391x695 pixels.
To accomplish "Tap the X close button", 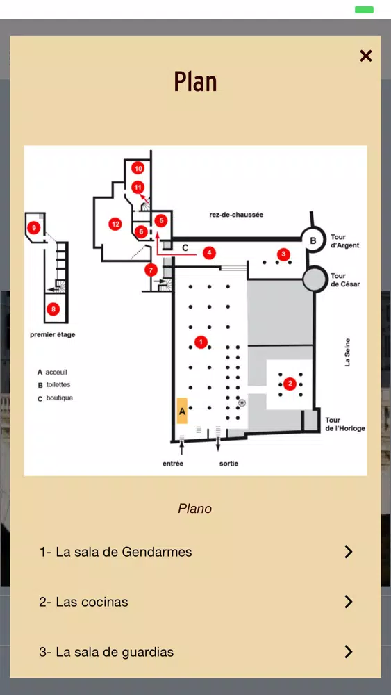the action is click(366, 56).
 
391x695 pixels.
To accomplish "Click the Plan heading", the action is click(195, 81).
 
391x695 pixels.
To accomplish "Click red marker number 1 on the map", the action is click(201, 342).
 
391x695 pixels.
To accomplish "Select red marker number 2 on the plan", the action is click(290, 383).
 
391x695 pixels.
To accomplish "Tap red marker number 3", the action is click(283, 254).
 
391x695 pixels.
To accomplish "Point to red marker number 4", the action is click(209, 253).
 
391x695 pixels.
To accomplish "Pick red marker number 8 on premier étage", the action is click(53, 309).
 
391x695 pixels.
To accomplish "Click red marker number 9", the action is click(33, 228).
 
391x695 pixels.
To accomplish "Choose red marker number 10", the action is click(138, 168).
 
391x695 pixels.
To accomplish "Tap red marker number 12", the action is click(115, 224).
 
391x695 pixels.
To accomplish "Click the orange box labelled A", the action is click(182, 411).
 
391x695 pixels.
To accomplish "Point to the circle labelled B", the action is click(313, 240).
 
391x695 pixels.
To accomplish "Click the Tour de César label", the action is click(345, 280).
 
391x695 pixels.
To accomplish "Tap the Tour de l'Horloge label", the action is click(345, 424).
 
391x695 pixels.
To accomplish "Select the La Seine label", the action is click(348, 352).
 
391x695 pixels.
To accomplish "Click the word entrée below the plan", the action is click(173, 464).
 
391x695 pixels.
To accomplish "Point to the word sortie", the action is click(228, 464).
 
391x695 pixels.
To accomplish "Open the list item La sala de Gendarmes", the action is click(195, 552).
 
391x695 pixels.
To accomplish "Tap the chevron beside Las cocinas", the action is click(349, 601).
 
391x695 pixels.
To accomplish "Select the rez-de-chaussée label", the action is click(236, 215).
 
